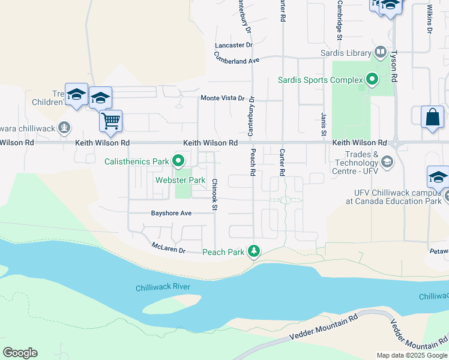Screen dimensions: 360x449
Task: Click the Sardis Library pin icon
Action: tap(380, 53)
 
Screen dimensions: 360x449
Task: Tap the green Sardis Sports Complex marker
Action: tap(372, 79)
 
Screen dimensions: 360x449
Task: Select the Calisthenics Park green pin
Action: tap(178, 161)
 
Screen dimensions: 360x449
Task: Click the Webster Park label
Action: tap(180, 180)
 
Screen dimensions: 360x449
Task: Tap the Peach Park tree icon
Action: tap(255, 251)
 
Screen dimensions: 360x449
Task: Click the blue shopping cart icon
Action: tap(111, 121)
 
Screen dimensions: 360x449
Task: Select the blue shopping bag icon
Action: tap(432, 117)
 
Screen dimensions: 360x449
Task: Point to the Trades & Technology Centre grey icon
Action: tap(388, 162)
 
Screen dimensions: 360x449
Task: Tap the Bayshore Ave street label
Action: tap(171, 213)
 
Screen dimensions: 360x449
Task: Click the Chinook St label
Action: tap(214, 194)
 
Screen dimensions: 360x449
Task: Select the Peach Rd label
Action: tap(253, 162)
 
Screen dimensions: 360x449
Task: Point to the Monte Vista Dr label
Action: tap(222, 98)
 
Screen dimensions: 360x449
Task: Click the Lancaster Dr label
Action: tap(234, 45)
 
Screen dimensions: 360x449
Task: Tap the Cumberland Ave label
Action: tap(237, 57)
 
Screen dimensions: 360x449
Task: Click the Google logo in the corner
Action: tap(20, 353)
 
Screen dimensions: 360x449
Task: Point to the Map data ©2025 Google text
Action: tap(412, 355)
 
